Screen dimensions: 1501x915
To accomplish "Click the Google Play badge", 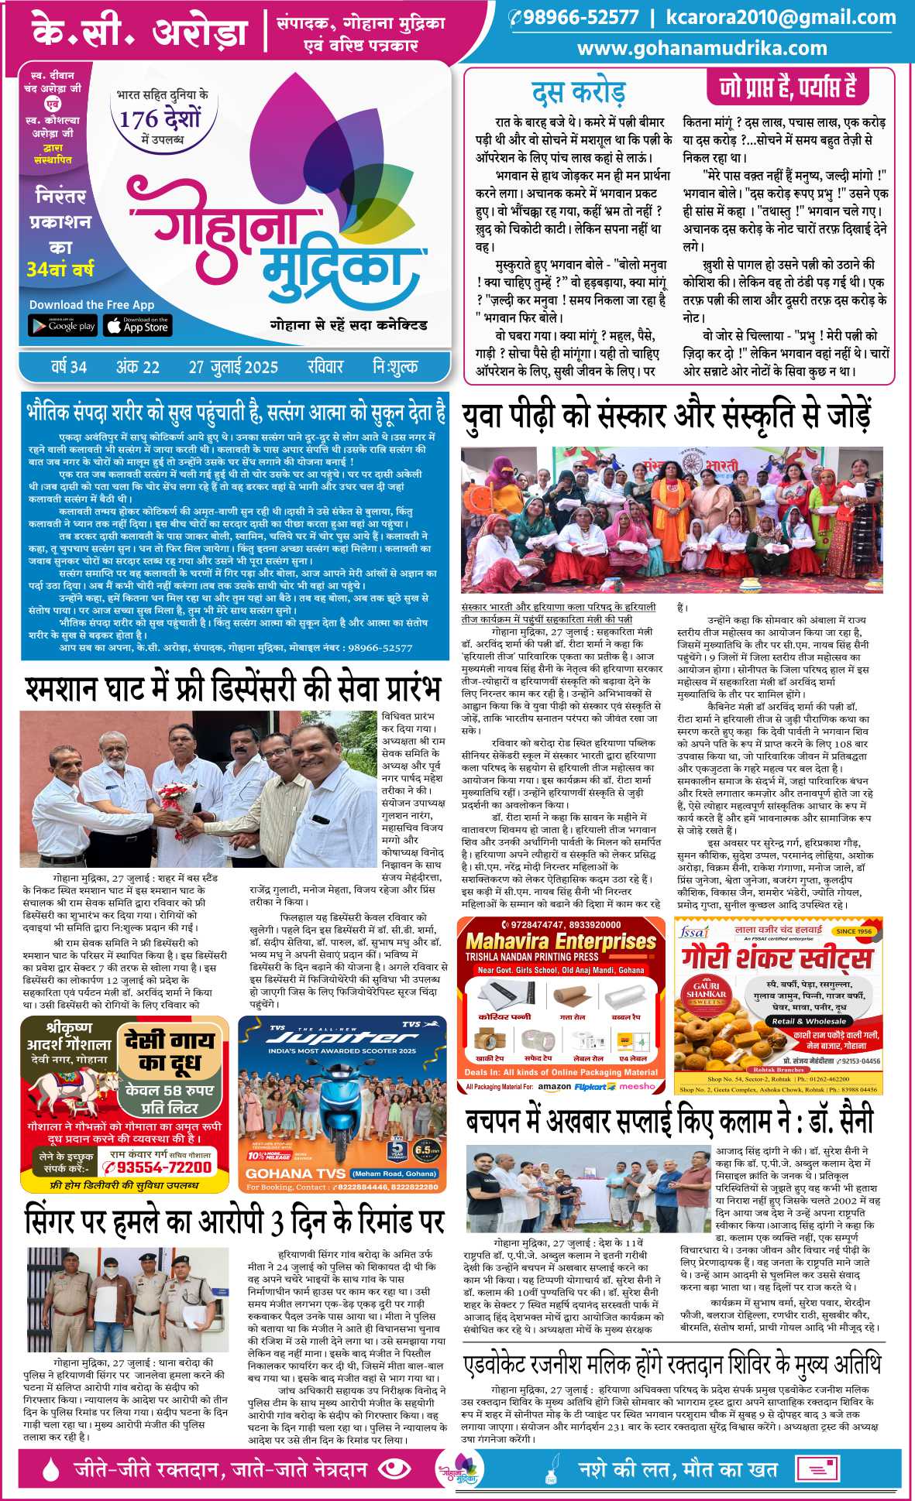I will [63, 325].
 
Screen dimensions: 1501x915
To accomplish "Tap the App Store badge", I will [138, 325].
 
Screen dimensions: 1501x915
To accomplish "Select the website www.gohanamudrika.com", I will [702, 48].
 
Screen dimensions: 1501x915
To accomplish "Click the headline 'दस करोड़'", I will [578, 93].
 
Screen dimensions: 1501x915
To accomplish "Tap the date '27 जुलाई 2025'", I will [232, 366].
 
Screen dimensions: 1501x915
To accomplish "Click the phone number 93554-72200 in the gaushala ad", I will [164, 1167].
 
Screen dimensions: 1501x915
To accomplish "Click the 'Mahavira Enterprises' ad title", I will [560, 941].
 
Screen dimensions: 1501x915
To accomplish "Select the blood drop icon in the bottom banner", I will [51, 1468].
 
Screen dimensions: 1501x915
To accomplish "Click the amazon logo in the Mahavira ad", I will [554, 1086].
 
